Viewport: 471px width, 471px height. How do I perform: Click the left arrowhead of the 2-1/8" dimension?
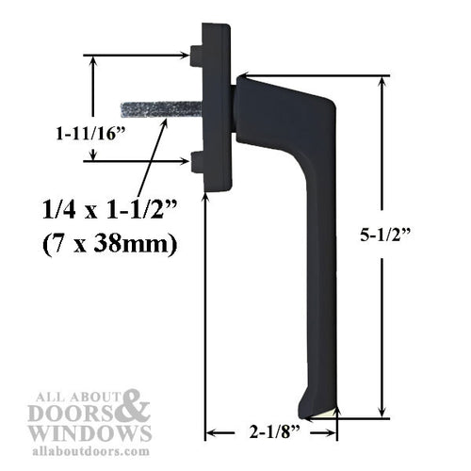210,432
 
